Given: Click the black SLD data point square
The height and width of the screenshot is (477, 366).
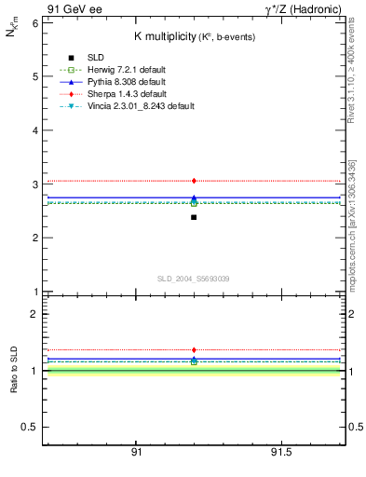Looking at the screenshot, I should [194, 217].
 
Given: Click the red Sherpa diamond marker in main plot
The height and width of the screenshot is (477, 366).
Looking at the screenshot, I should [194, 181].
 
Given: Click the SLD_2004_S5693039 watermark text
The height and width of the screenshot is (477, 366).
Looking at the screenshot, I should [193, 279].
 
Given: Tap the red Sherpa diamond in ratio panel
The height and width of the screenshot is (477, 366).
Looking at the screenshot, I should [194, 350].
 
